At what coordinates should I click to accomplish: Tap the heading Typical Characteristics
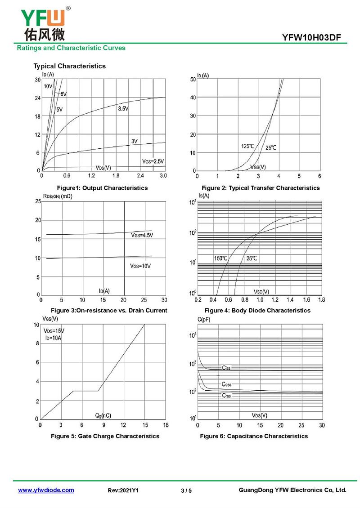tap(69, 66)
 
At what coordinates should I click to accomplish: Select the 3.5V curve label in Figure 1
tap(123, 109)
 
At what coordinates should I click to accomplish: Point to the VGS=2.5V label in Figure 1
tap(153, 161)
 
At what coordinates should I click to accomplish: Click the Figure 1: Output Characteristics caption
tap(102, 188)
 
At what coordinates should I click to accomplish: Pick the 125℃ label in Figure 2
tap(247, 147)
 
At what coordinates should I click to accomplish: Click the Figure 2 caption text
tap(261, 188)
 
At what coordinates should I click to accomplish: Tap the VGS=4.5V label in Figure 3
tap(142, 235)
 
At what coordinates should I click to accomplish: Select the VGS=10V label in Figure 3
tap(140, 266)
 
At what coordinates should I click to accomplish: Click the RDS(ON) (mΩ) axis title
tap(58, 196)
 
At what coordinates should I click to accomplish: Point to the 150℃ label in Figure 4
tap(220, 258)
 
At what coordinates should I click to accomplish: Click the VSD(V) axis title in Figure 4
tap(261, 291)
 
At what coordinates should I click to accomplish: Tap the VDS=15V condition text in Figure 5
tap(54, 330)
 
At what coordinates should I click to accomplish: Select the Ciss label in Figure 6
tap(226, 368)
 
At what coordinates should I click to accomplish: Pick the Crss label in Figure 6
tap(226, 396)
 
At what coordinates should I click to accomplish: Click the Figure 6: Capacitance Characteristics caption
tap(254, 436)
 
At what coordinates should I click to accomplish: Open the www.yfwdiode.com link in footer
tap(46, 490)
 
